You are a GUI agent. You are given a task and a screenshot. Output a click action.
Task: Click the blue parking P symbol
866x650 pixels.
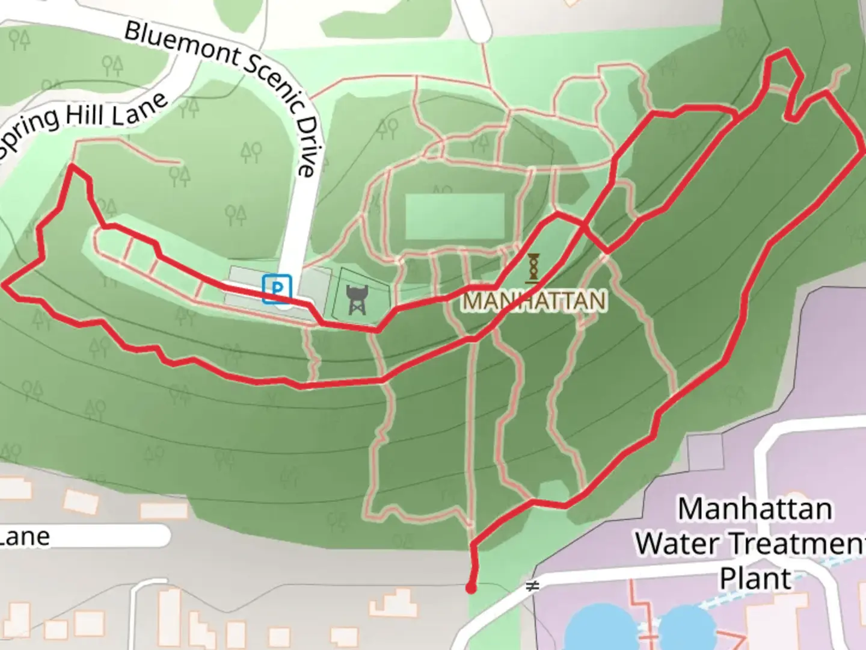[x=277, y=289]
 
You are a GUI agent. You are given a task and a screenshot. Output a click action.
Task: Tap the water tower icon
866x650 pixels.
[x=356, y=300]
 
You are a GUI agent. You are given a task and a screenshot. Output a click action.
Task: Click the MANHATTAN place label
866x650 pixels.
[x=534, y=300]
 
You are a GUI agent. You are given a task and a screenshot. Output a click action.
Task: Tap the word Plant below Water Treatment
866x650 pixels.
[x=755, y=578]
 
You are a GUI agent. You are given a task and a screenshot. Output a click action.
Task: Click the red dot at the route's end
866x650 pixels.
[x=471, y=588]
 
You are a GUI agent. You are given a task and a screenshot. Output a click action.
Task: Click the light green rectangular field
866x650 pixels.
[x=455, y=216]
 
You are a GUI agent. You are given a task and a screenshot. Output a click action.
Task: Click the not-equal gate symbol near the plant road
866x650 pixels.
[x=532, y=586]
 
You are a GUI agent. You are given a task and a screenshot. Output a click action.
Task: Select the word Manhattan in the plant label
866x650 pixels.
[x=755, y=509]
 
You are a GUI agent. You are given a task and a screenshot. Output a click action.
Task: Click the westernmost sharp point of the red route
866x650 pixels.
[x=5, y=285]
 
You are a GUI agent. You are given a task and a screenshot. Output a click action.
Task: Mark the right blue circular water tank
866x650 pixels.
[x=686, y=629]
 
